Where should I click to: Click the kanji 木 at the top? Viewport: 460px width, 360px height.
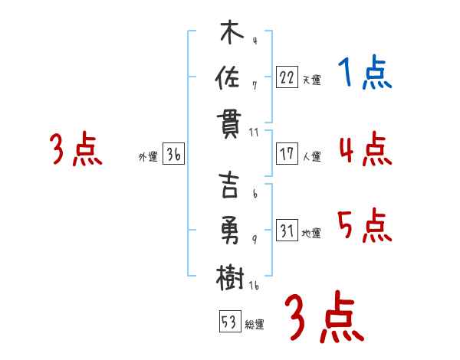pyautogui.click(x=230, y=34)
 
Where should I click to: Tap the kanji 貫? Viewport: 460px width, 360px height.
pyautogui.click(x=230, y=124)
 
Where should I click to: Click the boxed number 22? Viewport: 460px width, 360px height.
pyautogui.click(x=287, y=77)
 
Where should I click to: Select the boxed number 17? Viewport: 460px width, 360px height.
pyautogui.click(x=287, y=153)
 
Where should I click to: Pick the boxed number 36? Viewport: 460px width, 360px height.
pyautogui.click(x=173, y=154)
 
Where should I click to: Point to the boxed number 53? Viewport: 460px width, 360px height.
pyautogui.click(x=228, y=322)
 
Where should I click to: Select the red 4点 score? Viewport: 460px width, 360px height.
pyautogui.click(x=364, y=149)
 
